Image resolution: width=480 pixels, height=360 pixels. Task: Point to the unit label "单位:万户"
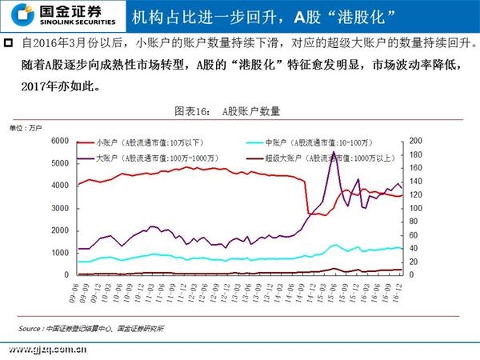(x=25, y=128)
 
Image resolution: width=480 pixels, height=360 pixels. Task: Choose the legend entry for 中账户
(x=328, y=142)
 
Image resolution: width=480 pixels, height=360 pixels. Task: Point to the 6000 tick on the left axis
(x=61, y=141)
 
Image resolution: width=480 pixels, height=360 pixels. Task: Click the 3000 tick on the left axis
(x=61, y=208)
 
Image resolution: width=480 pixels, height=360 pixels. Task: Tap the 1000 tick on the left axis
(x=61, y=253)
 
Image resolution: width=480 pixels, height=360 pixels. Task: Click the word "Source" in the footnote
(x=31, y=328)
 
